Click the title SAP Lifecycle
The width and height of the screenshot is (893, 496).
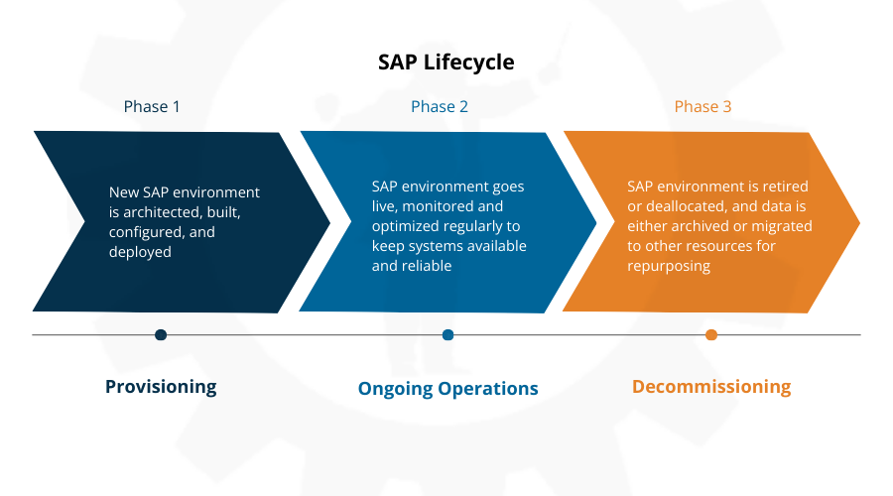tap(446, 62)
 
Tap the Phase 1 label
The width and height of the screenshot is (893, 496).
tap(152, 106)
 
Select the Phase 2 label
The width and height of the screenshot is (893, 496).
tap(440, 106)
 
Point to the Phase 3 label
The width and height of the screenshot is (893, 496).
tap(702, 106)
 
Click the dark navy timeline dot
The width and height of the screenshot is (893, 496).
tap(161, 335)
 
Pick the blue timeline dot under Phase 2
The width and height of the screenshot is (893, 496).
tap(447, 335)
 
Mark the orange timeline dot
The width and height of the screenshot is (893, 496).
tap(710, 335)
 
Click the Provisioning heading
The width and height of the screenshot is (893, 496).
tap(161, 387)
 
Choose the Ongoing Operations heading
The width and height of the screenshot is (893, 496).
tap(447, 389)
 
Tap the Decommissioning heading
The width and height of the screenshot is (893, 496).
tap(711, 387)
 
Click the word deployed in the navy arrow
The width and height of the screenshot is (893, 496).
tap(140, 252)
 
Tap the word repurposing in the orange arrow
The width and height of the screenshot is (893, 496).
tap(669, 266)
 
